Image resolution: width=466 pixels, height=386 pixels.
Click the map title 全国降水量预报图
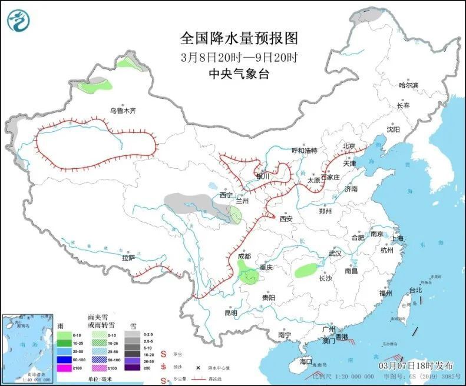[x=239, y=39]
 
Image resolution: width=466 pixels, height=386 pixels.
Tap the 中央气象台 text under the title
[x=239, y=74]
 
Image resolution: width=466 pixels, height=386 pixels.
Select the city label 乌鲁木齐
[x=123, y=110]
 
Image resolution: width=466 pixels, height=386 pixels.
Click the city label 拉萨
[x=128, y=258]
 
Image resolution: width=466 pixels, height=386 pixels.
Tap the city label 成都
[x=244, y=257]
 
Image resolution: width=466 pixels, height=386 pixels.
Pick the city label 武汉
[x=335, y=253]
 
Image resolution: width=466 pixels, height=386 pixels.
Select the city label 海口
[x=305, y=361]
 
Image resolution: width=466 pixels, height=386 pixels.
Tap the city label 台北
[x=415, y=290]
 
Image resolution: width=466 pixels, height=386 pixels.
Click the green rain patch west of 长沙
[x=305, y=271]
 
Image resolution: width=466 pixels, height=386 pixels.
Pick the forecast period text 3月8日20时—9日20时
[x=239, y=58]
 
